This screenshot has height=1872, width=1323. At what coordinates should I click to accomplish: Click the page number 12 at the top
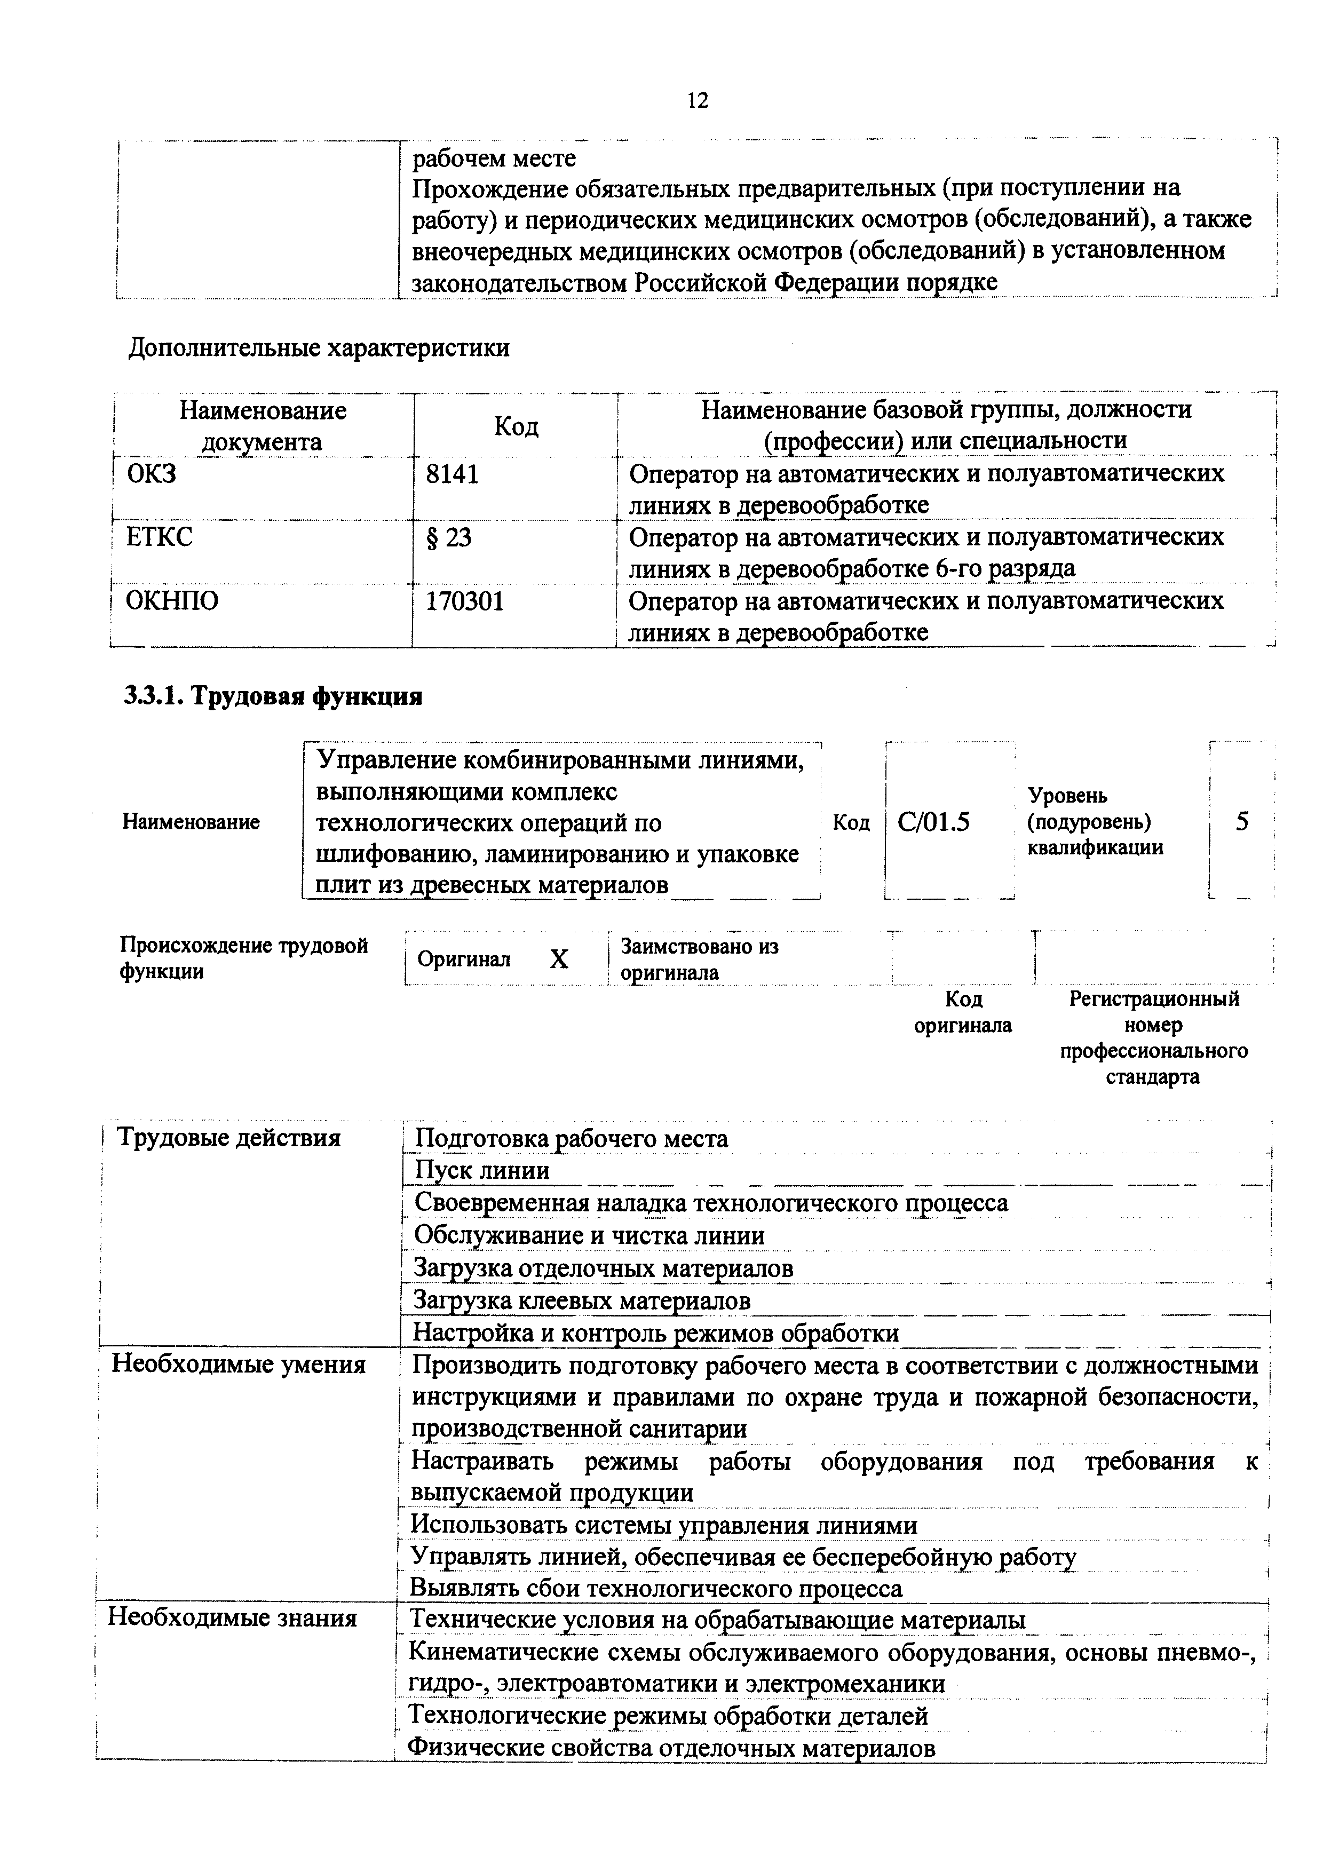(697, 100)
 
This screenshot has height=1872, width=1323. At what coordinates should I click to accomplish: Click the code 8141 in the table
(451, 474)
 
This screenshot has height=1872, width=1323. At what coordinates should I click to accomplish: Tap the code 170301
(465, 602)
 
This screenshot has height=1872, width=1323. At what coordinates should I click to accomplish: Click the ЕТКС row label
(160, 537)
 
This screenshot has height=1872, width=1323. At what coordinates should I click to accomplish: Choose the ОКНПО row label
(172, 602)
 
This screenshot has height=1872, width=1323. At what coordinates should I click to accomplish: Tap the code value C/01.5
(933, 821)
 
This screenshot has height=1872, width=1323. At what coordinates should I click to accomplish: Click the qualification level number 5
(1241, 821)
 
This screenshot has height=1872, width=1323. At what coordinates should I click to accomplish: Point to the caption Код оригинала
(963, 1012)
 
